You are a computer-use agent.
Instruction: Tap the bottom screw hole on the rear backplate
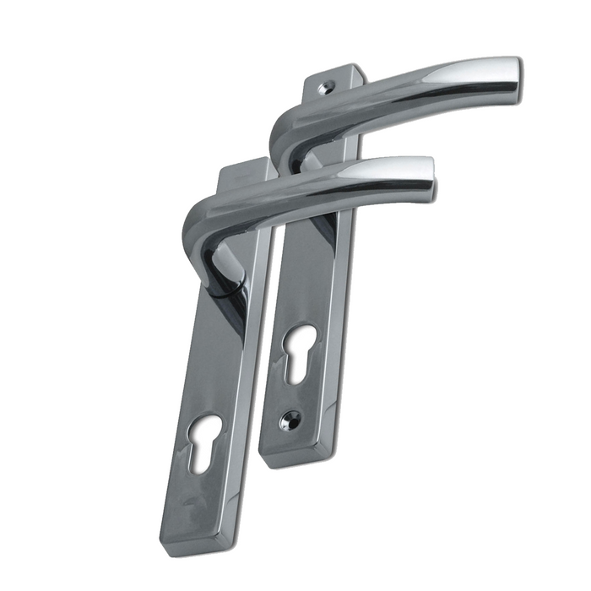click(290, 417)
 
